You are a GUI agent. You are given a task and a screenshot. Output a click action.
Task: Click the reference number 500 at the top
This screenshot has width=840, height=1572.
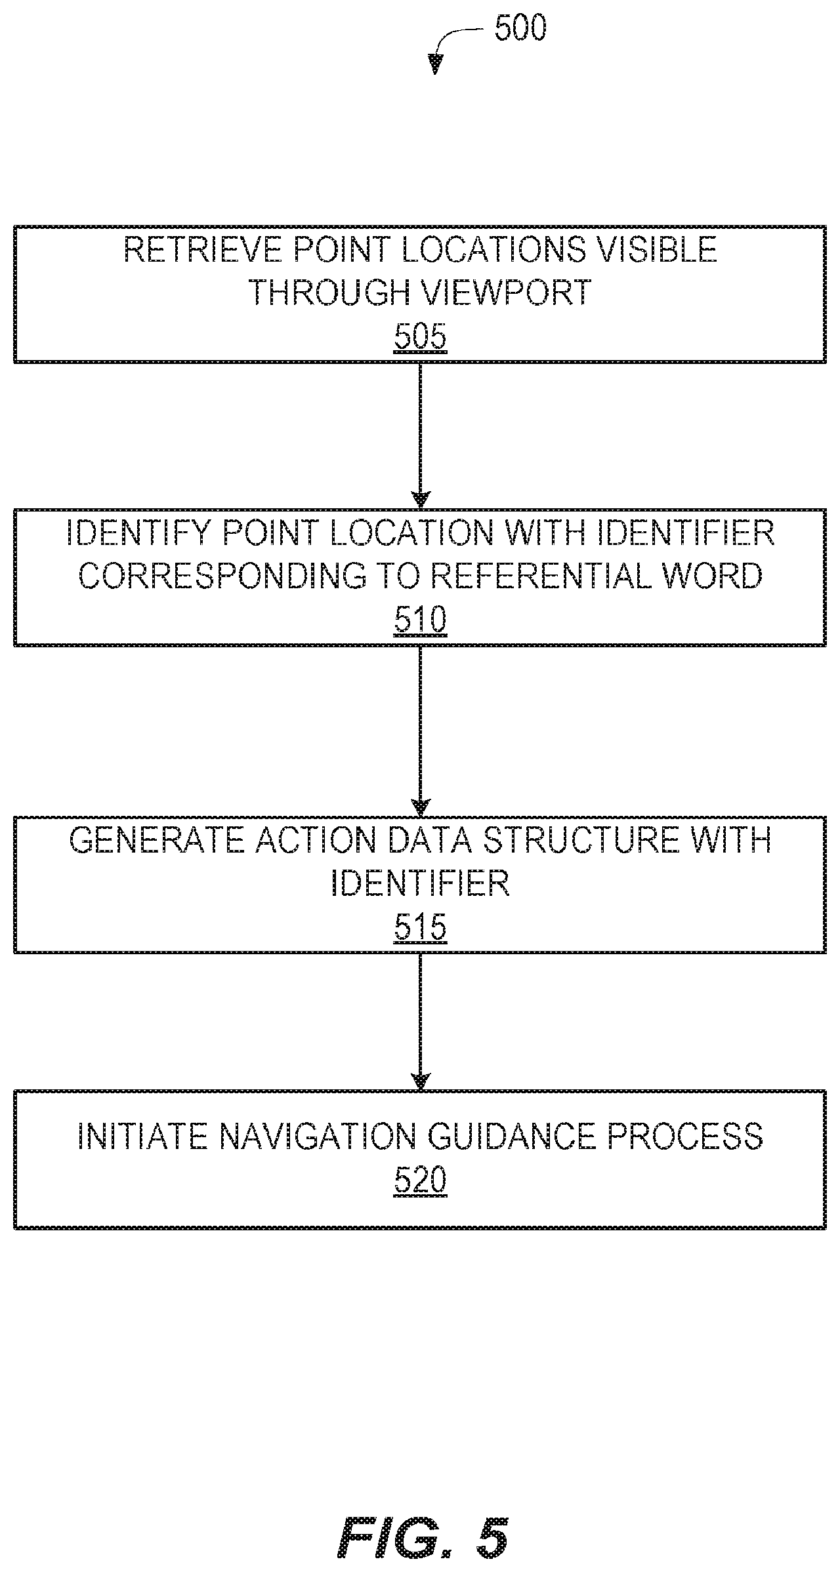pos(520,30)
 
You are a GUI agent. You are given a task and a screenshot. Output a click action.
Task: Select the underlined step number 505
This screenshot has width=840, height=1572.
pos(420,338)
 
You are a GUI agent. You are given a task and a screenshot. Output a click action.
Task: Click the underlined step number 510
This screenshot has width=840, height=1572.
pos(420,620)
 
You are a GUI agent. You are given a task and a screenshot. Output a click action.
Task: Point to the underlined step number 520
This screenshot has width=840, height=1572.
pos(420,1181)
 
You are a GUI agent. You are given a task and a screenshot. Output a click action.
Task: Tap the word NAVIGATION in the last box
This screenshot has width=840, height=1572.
pos(317,1137)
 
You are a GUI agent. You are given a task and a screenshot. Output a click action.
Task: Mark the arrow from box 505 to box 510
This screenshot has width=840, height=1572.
pos(420,435)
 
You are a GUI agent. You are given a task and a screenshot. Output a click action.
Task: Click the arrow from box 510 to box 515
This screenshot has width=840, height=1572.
pos(420,731)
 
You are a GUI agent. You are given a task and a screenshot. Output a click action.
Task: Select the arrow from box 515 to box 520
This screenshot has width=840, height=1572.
pos(420,1022)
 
